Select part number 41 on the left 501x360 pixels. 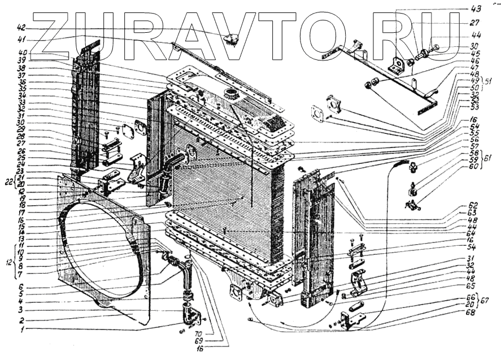(x=21, y=39)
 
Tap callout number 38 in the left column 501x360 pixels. (x=21, y=68)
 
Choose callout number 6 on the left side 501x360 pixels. (x=21, y=287)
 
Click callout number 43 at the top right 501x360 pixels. (x=474, y=8)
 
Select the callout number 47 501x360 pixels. (x=474, y=67)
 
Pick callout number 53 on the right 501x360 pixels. (x=474, y=106)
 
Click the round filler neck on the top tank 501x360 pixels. (x=230, y=92)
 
